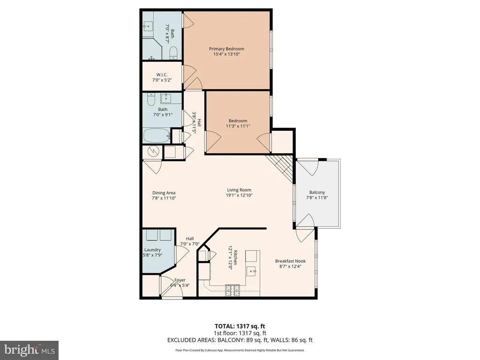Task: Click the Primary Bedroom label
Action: click(226, 49)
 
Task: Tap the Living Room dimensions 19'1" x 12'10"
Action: click(239, 195)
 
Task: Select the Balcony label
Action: click(317, 192)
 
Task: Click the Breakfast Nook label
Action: click(290, 261)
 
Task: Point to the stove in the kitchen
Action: click(233, 290)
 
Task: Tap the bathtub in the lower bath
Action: click(157, 135)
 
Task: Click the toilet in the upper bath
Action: click(173, 53)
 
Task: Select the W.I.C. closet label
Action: click(162, 75)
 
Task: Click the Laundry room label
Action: click(152, 250)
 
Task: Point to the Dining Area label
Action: click(164, 193)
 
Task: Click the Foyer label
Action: click(180, 280)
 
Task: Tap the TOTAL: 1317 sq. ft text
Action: click(240, 326)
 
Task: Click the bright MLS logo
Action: click(29, 350)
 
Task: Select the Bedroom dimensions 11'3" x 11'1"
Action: click(238, 126)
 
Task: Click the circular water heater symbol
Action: click(153, 151)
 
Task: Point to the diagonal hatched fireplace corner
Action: click(280, 168)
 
